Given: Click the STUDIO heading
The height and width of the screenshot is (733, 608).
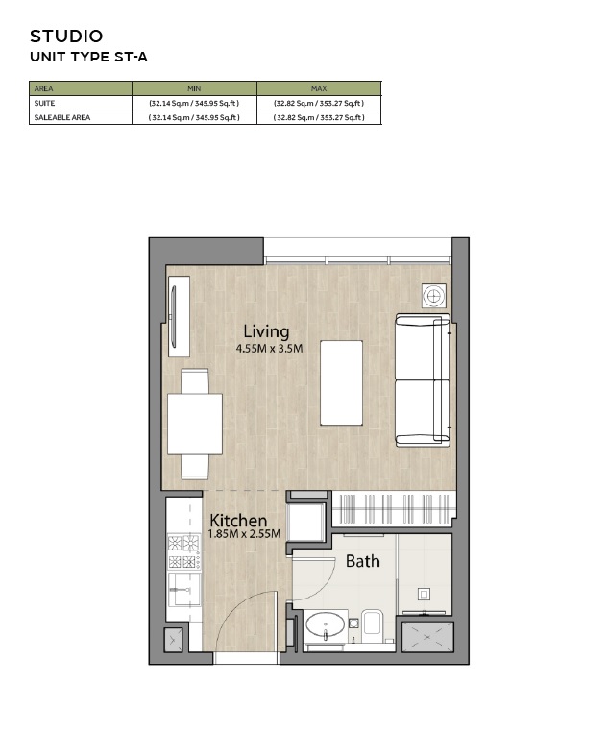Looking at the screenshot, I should click(66, 37).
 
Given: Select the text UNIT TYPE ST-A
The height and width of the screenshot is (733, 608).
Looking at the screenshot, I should click(88, 57).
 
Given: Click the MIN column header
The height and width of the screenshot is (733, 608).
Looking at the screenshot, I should click(194, 88).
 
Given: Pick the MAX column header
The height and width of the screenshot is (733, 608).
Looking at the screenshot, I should click(319, 88).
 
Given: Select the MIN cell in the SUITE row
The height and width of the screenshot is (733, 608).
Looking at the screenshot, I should click(194, 103).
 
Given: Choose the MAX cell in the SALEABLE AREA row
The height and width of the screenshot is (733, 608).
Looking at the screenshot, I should click(319, 117).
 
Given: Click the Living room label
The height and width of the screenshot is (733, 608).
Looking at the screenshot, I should click(266, 331).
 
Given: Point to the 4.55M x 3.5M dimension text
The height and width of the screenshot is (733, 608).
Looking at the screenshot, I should click(269, 349).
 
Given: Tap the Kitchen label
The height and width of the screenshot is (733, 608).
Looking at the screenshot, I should click(238, 520).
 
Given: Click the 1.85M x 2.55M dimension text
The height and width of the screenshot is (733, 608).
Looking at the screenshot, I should click(245, 534).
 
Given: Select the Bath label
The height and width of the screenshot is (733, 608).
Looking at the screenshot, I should click(362, 561).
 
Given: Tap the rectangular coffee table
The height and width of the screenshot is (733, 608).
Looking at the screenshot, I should click(341, 382).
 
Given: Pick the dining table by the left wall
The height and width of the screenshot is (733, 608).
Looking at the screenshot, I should click(195, 424).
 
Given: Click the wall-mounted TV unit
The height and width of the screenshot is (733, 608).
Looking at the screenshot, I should click(177, 316).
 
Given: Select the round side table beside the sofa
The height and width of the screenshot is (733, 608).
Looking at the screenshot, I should click(434, 296).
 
